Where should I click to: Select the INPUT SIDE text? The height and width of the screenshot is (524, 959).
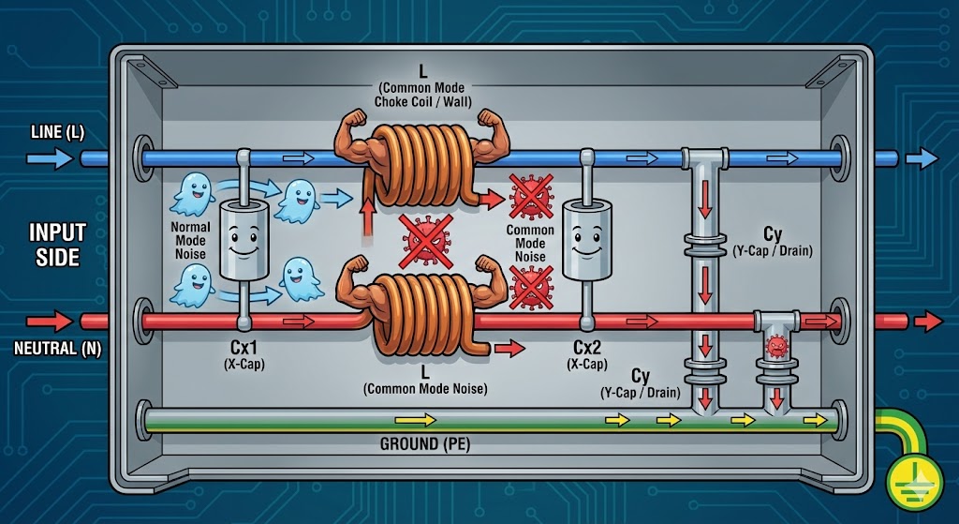pyautogui.click(x=57, y=243)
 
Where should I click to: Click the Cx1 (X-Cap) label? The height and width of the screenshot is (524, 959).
pyautogui.click(x=243, y=354)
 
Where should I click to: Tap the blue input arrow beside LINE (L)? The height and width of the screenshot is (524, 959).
pyautogui.click(x=52, y=158)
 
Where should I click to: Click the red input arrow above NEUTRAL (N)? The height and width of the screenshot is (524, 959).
pyautogui.click(x=54, y=322)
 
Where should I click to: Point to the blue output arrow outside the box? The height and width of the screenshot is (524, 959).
pyautogui.click(x=922, y=158)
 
